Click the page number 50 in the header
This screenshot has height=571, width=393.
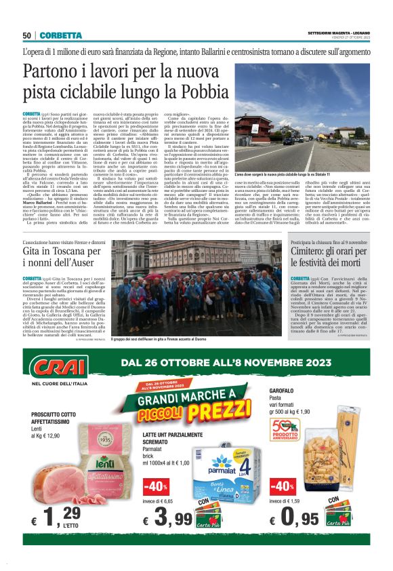28,35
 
